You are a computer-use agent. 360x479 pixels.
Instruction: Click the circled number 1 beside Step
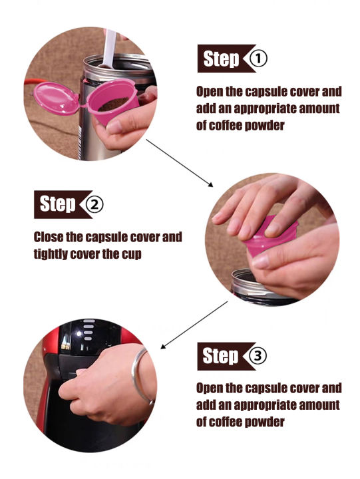[x=258, y=59]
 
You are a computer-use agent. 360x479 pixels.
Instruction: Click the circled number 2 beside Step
[x=94, y=204]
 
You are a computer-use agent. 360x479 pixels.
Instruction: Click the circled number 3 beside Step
[x=258, y=355]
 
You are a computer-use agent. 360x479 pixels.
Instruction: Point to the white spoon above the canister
[x=109, y=49]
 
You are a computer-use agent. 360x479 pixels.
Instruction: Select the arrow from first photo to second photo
[x=180, y=163]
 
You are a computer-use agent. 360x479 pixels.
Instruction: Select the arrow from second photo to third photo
[x=194, y=325]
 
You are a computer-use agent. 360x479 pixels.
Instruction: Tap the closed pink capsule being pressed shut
[x=268, y=238]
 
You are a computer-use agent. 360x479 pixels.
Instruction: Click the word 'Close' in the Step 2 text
[x=49, y=237]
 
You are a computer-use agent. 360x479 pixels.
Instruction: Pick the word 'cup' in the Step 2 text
[x=132, y=254]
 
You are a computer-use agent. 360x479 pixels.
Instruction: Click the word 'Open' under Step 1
[x=210, y=92]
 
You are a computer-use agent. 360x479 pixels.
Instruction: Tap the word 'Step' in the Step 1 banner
[x=221, y=59]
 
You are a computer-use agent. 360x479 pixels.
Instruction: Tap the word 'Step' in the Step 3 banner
[x=220, y=356]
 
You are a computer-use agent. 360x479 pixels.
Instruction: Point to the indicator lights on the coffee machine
[x=89, y=329]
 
